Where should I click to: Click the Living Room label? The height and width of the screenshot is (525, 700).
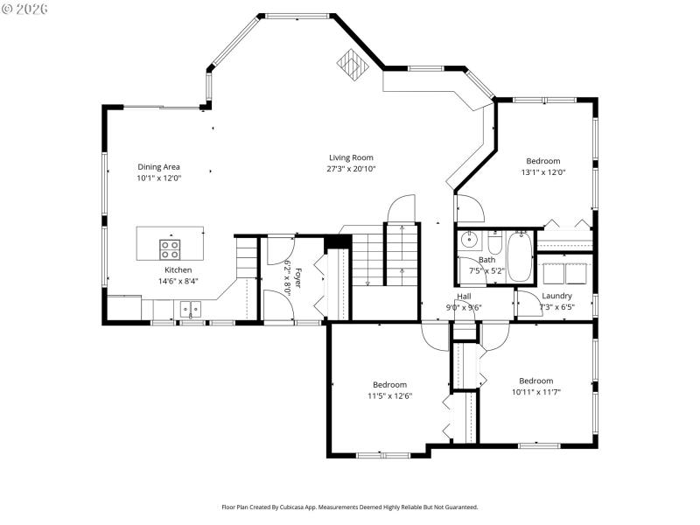(x=350, y=157)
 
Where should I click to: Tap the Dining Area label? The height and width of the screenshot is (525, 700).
(x=158, y=166)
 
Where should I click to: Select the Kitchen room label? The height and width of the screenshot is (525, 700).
(x=178, y=270)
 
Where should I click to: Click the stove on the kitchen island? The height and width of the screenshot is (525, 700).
(x=170, y=246)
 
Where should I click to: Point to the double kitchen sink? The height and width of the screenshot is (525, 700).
(x=190, y=308)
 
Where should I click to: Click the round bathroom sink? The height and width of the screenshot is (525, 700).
(x=468, y=238)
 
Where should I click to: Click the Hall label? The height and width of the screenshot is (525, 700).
(x=464, y=296)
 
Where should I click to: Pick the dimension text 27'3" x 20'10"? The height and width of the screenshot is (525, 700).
(x=351, y=169)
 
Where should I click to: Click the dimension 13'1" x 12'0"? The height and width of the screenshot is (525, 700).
(x=542, y=172)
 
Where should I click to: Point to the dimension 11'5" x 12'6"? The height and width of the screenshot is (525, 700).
(x=389, y=395)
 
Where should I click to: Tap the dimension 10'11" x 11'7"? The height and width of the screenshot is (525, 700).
(x=535, y=392)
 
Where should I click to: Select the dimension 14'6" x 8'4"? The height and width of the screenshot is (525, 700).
(x=178, y=282)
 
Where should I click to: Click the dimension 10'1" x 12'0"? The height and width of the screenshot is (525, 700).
(x=158, y=178)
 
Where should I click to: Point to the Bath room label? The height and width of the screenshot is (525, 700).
(x=486, y=260)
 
